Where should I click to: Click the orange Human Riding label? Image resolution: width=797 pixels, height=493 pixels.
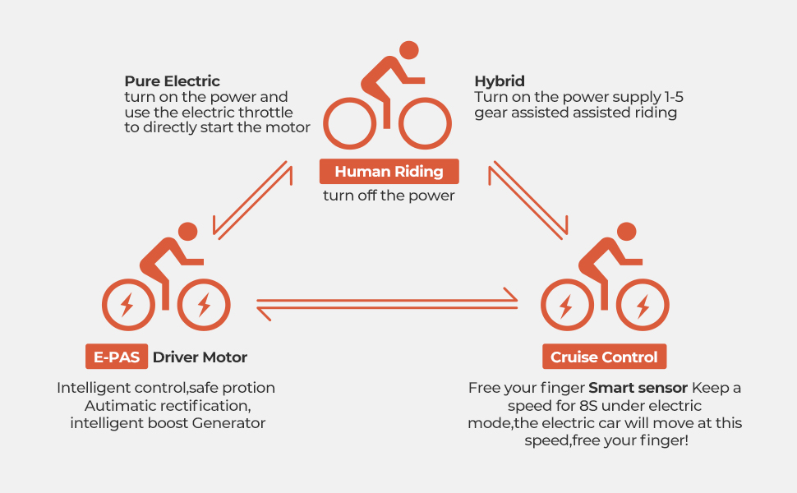(389, 172)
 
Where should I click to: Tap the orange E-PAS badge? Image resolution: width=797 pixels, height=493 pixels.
(117, 357)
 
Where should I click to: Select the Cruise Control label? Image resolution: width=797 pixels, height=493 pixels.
(604, 357)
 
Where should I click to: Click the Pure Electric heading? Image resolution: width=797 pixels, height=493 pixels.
(173, 81)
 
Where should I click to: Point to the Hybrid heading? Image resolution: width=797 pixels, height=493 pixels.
(500, 81)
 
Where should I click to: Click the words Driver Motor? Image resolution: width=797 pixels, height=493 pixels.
(200, 357)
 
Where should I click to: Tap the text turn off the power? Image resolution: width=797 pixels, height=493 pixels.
(389, 196)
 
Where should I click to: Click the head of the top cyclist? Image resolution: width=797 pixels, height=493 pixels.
(408, 49)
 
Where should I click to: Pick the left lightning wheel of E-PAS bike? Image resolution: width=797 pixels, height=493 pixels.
(127, 306)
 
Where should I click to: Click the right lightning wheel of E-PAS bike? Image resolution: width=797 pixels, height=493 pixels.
(204, 306)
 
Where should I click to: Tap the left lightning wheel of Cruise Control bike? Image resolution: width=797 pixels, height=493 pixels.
(565, 306)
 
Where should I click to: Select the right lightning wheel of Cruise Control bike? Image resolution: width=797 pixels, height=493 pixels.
(643, 306)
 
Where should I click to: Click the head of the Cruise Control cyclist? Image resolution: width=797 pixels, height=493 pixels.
(627, 232)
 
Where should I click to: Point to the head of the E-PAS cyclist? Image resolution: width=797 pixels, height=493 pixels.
(188, 232)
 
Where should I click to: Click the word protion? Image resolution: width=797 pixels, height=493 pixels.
(246, 387)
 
